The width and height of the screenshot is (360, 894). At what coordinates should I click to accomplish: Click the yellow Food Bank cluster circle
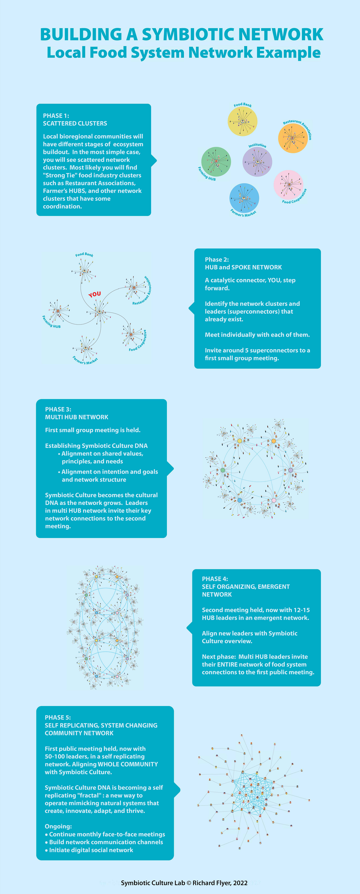[242, 121]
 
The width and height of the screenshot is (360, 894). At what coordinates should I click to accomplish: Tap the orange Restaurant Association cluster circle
[293, 138]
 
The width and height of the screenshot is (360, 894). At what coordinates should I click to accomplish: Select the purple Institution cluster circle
[257, 162]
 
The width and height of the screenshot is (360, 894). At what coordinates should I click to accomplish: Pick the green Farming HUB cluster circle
[216, 161]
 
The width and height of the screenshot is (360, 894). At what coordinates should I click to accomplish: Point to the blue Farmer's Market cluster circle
[244, 198]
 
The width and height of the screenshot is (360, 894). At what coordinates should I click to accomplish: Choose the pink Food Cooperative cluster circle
[288, 185]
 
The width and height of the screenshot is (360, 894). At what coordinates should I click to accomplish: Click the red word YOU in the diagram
[94, 294]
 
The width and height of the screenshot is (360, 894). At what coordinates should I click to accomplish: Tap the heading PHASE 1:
[56, 115]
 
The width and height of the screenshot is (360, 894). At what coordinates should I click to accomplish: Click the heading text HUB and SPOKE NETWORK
[243, 267]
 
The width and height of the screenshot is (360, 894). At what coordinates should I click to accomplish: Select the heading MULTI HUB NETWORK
[76, 417]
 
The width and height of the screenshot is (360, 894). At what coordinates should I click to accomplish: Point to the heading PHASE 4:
[215, 579]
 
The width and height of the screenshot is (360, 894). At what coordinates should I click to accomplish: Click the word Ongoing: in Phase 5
[58, 826]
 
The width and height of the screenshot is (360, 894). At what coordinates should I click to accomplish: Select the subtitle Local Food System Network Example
[183, 52]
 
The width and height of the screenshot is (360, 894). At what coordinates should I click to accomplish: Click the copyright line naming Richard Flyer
[184, 883]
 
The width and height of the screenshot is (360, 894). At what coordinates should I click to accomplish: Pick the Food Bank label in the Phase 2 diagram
[84, 255]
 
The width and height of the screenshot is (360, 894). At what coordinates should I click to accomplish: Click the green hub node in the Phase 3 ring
[223, 470]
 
